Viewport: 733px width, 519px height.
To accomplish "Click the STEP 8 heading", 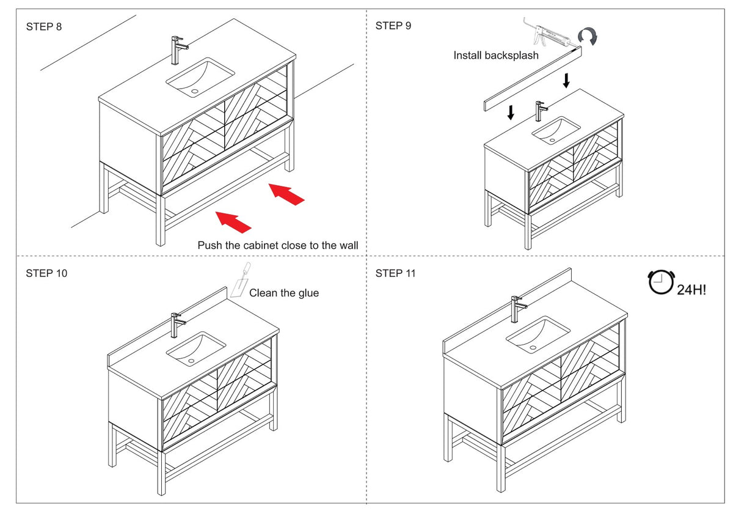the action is click(x=44, y=26).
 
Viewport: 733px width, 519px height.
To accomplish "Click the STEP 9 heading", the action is click(x=393, y=26).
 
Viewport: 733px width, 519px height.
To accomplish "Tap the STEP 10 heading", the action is click(x=46, y=273).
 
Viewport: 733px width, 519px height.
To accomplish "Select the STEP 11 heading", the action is click(x=395, y=273).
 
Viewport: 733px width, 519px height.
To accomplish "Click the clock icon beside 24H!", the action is click(x=661, y=282).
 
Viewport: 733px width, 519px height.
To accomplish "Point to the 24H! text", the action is click(x=691, y=290).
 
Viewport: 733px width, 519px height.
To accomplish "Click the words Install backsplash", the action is click(x=496, y=56).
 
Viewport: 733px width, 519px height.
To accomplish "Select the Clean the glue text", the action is click(x=284, y=293).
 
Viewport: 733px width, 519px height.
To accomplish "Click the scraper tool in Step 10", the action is click(x=241, y=279).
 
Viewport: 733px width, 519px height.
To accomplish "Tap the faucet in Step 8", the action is click(x=178, y=50).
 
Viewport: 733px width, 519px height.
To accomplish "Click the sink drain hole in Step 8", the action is click(x=195, y=91).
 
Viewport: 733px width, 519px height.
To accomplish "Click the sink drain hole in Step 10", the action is click(x=191, y=361).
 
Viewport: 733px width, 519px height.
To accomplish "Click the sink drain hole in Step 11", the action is click(x=533, y=347).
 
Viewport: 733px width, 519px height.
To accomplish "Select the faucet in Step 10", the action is click(x=177, y=325).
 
